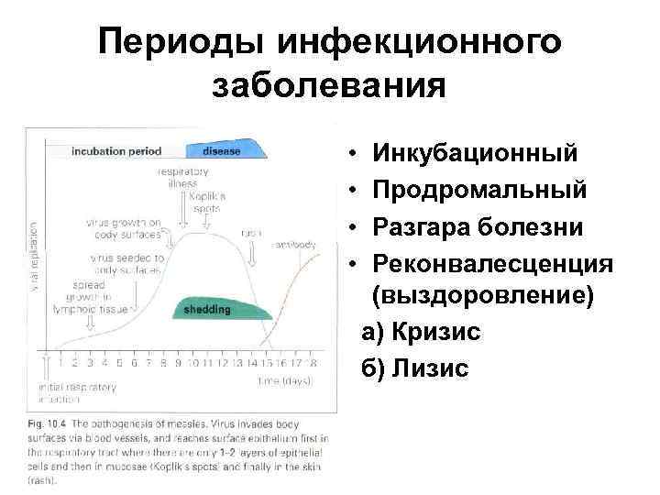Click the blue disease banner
(x=224, y=150)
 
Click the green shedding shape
(x=210, y=310)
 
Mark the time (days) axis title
(x=285, y=379)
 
